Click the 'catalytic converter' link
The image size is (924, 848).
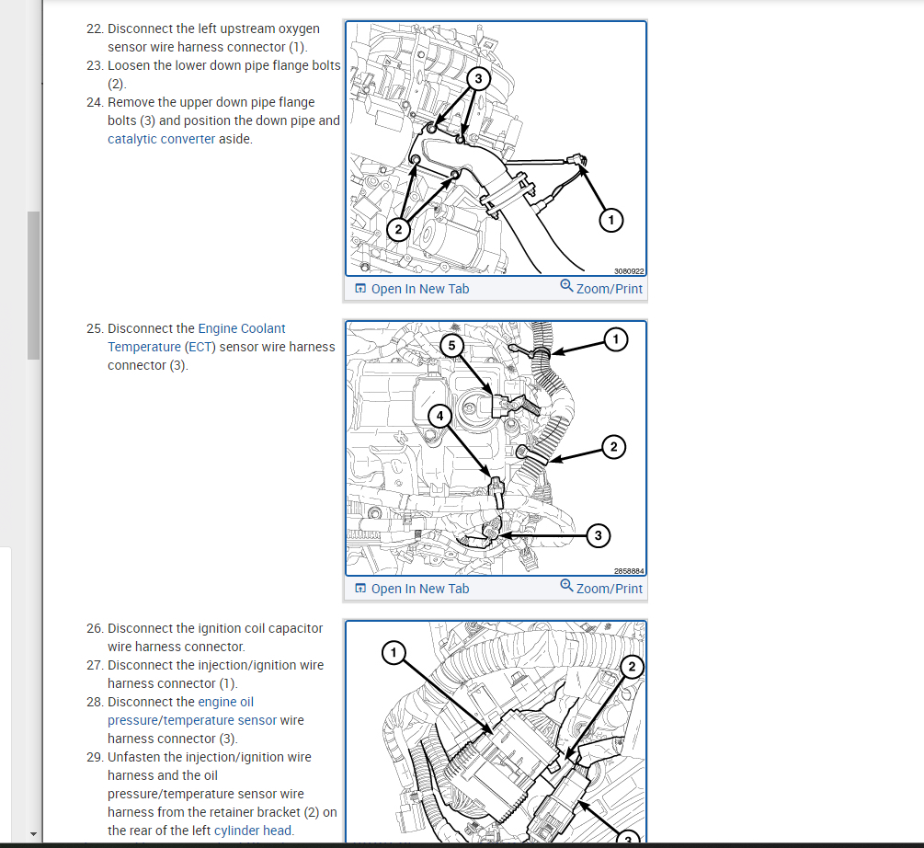click(x=161, y=139)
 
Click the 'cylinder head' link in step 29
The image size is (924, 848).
click(x=253, y=831)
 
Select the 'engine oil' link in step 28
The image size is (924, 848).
click(x=225, y=702)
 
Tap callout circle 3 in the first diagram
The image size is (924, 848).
click(x=478, y=79)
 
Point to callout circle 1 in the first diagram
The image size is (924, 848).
click(x=610, y=219)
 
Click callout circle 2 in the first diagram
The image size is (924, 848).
click(x=398, y=229)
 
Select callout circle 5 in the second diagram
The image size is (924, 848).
click(x=451, y=345)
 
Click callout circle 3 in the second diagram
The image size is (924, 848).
click(x=598, y=534)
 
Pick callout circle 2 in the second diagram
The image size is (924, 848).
click(x=613, y=447)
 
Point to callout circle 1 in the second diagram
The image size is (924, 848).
click(x=616, y=339)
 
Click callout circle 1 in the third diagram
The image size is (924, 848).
click(x=394, y=653)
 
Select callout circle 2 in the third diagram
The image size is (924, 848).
click(x=632, y=665)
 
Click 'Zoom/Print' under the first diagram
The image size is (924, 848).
click(x=601, y=288)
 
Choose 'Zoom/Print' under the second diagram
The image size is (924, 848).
click(x=601, y=588)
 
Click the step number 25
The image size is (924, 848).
click(x=94, y=328)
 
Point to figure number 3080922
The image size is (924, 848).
click(x=629, y=271)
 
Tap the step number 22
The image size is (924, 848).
click(x=94, y=29)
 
